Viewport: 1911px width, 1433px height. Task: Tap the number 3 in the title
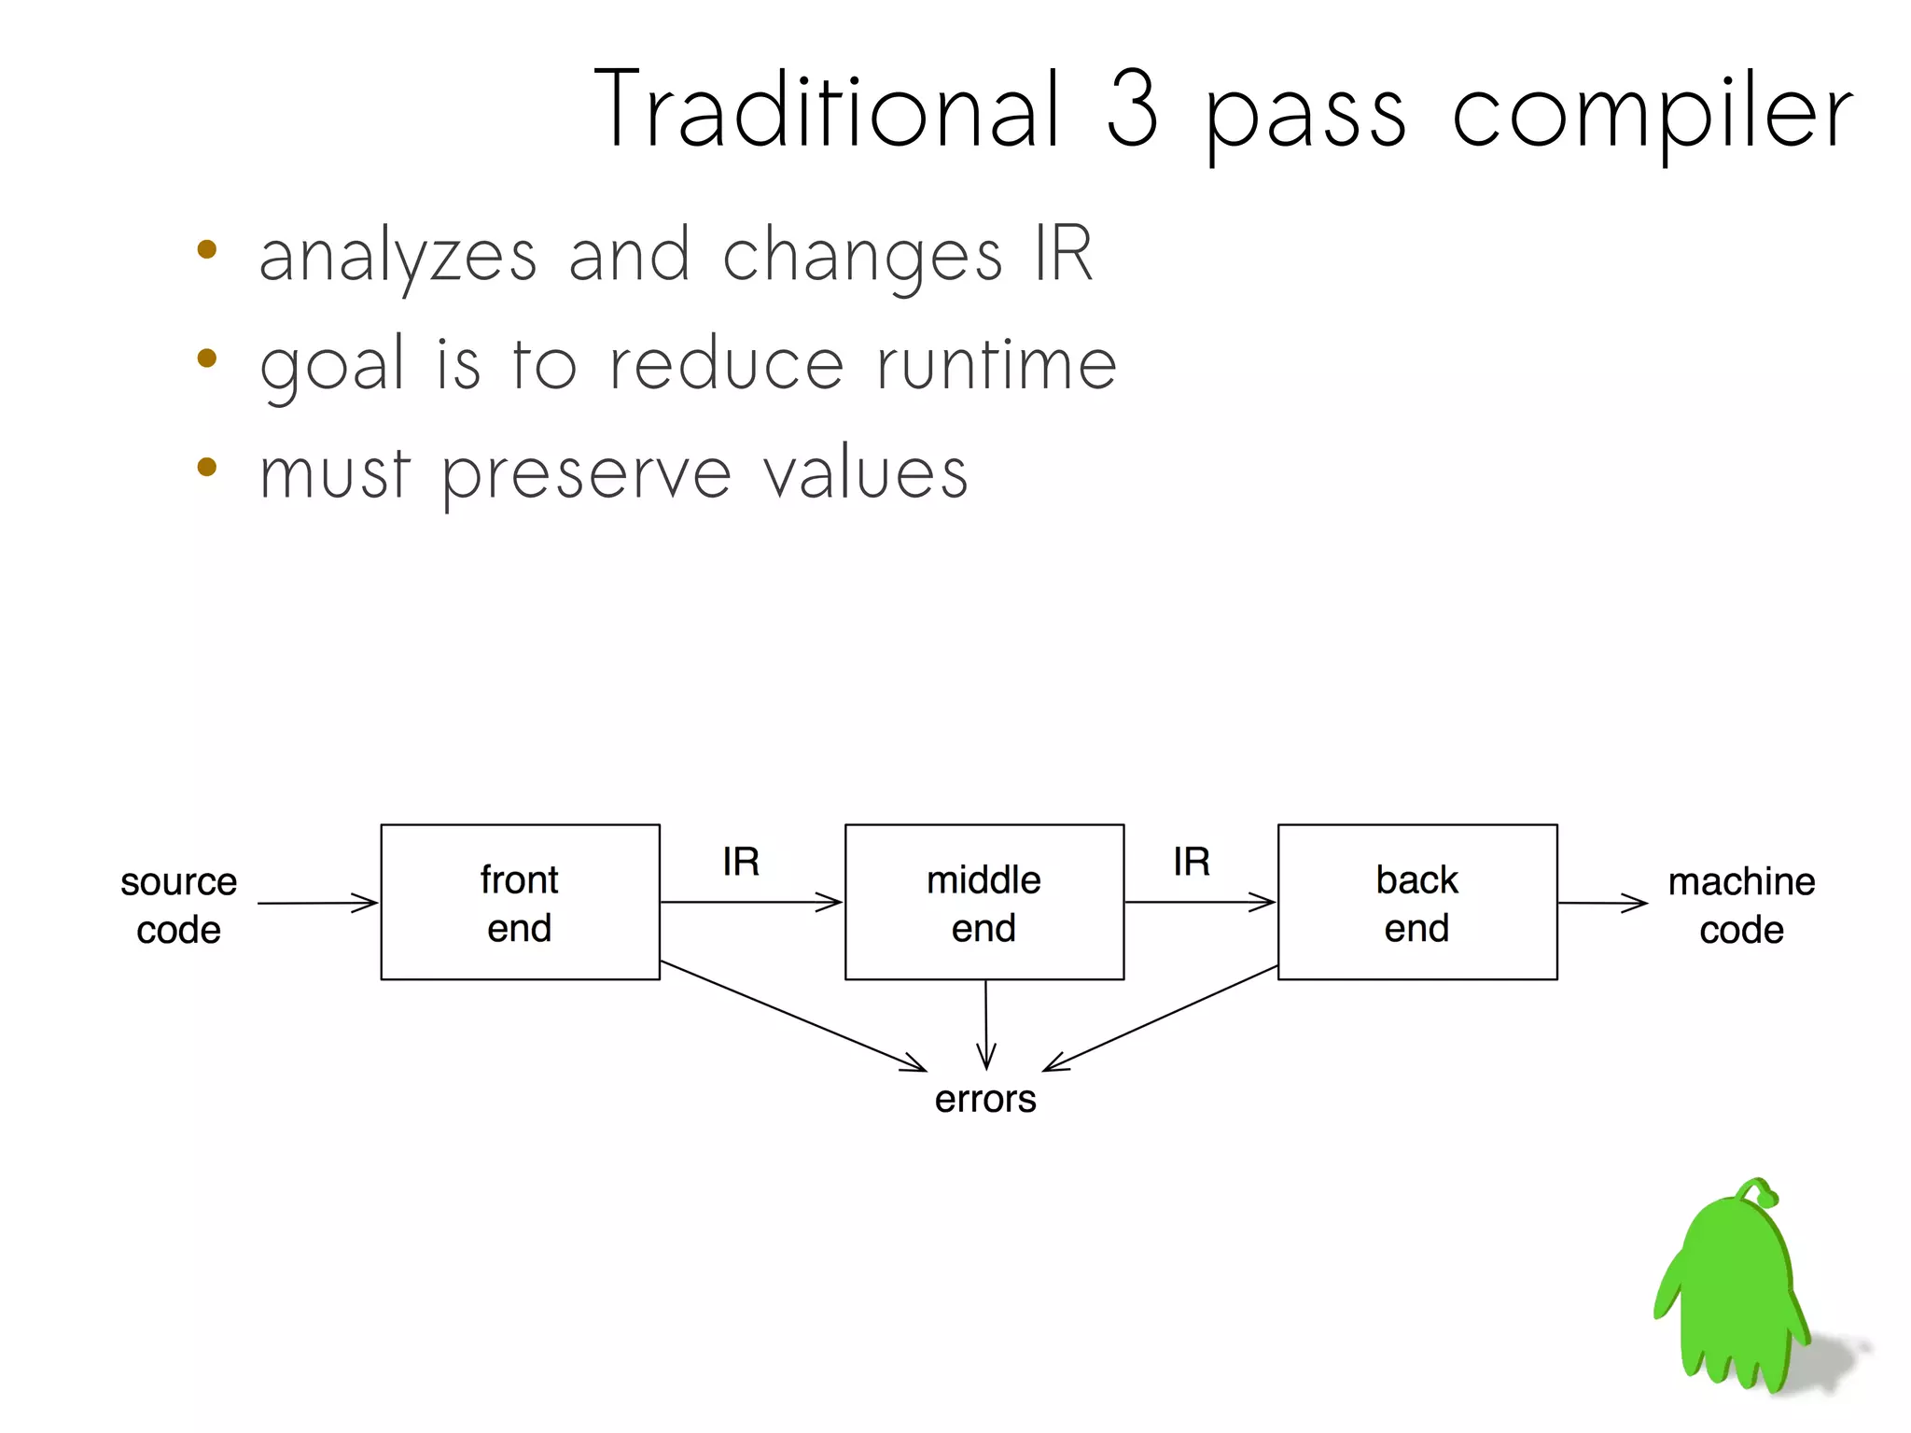1133,110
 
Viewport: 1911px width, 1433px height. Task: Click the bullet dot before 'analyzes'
207,250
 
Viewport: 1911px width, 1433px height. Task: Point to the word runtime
996,365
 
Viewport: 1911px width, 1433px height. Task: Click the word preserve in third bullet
586,474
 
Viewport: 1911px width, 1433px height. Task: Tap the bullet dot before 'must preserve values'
207,467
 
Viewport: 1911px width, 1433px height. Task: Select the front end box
520,902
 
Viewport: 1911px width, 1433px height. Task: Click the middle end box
983,902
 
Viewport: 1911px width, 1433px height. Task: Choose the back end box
1416,902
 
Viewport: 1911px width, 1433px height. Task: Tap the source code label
178,905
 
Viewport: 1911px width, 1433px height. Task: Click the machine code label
1741,905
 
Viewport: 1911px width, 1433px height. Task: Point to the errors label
985,1099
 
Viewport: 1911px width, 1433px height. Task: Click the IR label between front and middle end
741,862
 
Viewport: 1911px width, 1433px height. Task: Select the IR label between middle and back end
1192,862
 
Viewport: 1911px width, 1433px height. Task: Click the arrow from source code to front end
317,903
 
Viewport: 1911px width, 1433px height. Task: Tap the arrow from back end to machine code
1602,903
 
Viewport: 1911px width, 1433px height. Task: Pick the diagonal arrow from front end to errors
793,1016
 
